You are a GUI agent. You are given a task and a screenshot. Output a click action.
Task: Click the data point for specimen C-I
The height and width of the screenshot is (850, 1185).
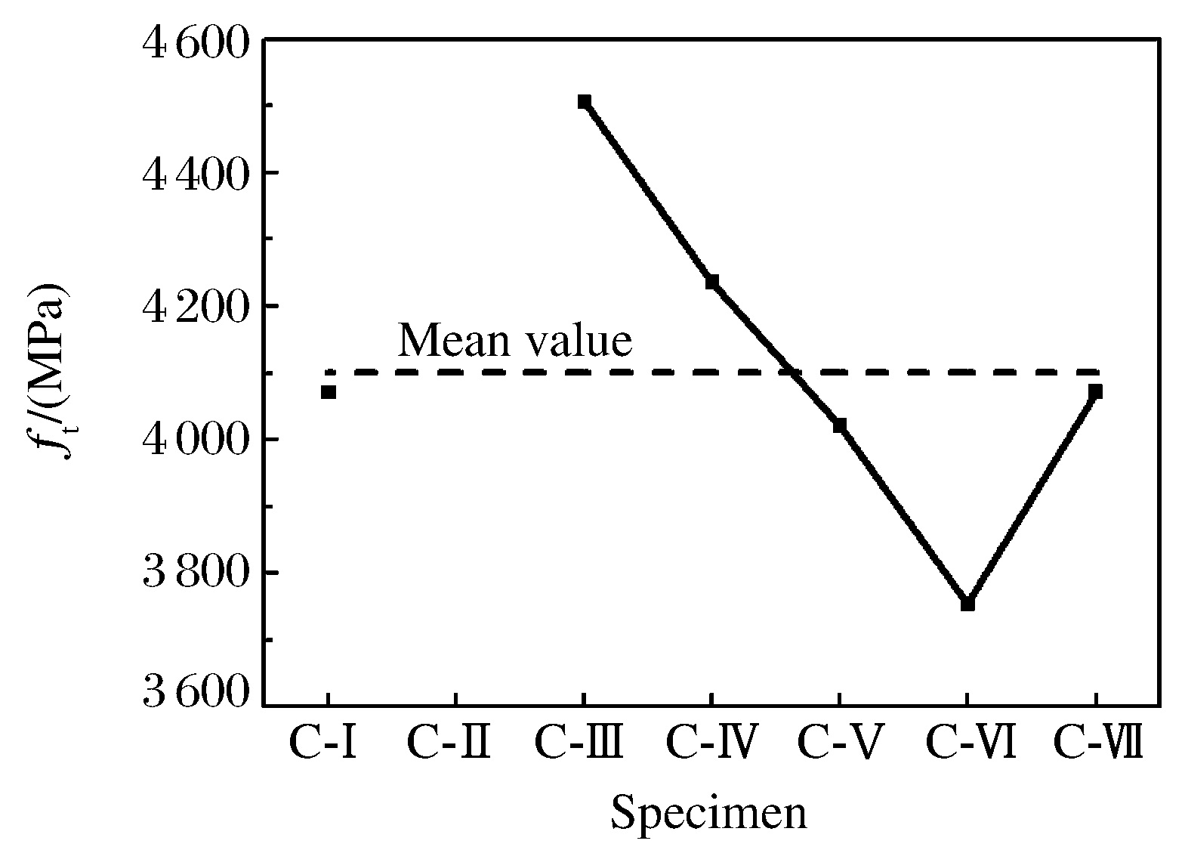click(x=328, y=391)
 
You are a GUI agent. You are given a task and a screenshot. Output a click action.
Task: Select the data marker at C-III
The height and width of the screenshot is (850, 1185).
click(x=584, y=101)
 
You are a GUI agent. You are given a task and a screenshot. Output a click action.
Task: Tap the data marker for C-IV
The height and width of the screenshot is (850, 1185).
click(x=711, y=282)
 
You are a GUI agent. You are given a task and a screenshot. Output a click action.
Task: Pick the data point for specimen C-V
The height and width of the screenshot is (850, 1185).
click(x=839, y=425)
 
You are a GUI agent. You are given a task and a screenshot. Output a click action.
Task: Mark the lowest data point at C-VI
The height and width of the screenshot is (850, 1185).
click(x=967, y=604)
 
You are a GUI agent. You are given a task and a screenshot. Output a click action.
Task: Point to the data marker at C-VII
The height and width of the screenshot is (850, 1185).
click(x=1095, y=391)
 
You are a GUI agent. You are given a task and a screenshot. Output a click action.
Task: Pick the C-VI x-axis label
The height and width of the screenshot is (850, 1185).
click(x=970, y=743)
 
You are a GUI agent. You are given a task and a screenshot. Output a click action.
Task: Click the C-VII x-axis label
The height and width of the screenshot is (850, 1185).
click(x=1097, y=743)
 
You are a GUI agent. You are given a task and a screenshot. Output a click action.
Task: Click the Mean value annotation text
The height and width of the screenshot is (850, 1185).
click(x=514, y=341)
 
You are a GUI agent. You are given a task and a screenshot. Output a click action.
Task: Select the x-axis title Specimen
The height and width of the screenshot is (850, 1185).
click(x=708, y=814)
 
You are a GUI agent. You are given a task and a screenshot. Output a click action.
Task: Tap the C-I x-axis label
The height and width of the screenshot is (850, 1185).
click(x=322, y=743)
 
